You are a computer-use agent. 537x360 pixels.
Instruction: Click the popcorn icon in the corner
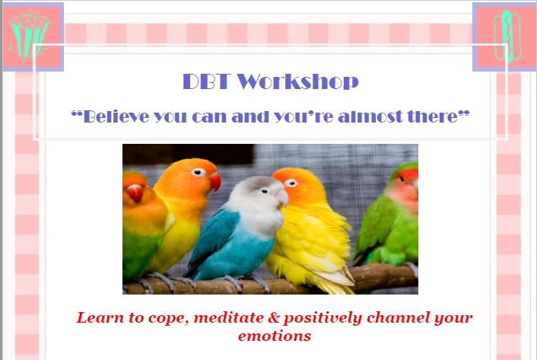click(x=29, y=36)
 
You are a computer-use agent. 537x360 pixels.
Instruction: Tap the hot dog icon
click(x=507, y=36)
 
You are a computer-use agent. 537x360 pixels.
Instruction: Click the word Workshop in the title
click(x=297, y=82)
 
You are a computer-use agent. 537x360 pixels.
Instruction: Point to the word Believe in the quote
click(x=116, y=116)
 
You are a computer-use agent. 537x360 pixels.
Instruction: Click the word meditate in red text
click(x=228, y=317)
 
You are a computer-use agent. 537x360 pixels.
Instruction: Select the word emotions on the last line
click(x=275, y=336)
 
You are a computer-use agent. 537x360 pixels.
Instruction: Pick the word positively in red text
click(x=323, y=318)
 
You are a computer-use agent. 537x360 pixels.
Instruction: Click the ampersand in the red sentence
click(x=274, y=317)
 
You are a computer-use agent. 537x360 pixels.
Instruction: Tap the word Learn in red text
click(x=100, y=317)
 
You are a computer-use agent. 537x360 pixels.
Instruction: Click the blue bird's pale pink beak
click(x=281, y=198)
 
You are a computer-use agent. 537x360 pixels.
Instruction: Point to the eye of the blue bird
click(x=265, y=191)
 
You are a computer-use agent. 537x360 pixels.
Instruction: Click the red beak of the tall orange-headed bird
click(x=215, y=182)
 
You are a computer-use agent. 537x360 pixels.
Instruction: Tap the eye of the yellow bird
click(x=291, y=183)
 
